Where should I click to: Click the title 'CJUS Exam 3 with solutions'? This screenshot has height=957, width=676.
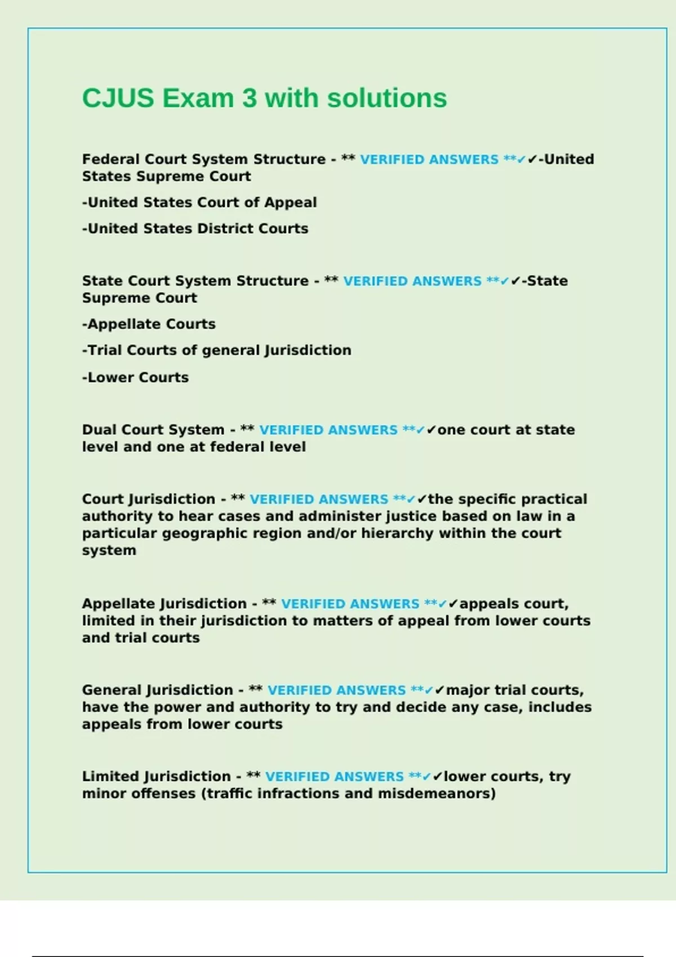click(x=264, y=99)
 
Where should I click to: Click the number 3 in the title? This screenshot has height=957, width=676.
click(x=249, y=99)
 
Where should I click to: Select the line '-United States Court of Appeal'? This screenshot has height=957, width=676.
click(x=199, y=202)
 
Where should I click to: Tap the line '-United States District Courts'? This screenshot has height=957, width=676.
click(x=195, y=229)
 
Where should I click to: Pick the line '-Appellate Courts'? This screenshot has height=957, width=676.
click(x=149, y=324)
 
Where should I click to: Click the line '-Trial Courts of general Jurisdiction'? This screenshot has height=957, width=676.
click(x=216, y=350)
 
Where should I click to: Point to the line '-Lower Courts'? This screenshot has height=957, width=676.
click(x=135, y=377)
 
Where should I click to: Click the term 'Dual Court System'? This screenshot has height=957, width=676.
click(x=153, y=430)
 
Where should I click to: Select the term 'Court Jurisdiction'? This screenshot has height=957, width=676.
click(x=149, y=499)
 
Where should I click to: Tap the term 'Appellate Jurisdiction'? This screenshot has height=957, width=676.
click(x=164, y=603)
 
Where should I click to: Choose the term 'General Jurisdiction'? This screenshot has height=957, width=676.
click(x=158, y=690)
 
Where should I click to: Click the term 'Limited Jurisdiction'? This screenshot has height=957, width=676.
click(x=157, y=776)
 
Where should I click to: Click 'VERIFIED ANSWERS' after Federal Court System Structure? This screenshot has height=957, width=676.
click(x=429, y=160)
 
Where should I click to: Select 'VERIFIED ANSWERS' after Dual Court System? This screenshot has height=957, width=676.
click(x=328, y=430)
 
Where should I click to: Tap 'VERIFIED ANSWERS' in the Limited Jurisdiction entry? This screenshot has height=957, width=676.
click(x=335, y=777)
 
